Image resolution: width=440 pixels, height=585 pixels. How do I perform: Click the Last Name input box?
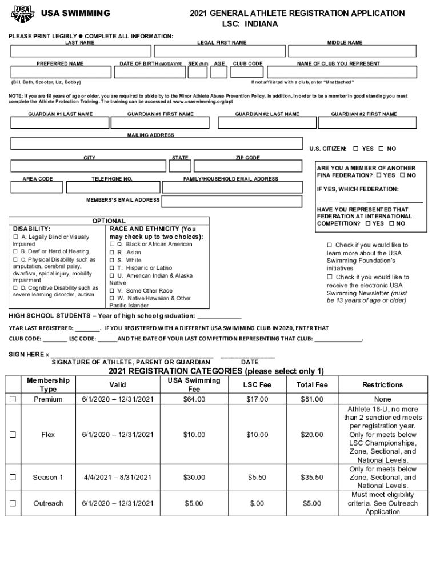[79, 52]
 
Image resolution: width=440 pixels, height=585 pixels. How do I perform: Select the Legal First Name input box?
[221, 52]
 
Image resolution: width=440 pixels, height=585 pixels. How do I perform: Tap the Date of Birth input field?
[151, 73]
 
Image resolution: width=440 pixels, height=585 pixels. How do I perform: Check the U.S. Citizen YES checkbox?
[355, 149]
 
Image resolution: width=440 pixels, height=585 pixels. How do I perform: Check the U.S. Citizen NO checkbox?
[381, 149]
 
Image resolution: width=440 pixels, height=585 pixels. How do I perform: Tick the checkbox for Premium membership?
[13, 399]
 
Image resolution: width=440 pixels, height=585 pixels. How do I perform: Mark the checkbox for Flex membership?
[13, 435]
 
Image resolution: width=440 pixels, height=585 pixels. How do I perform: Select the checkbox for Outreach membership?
[13, 503]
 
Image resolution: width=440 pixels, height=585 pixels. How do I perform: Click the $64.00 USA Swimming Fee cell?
[194, 399]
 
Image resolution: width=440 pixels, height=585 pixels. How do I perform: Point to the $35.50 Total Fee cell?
[312, 477]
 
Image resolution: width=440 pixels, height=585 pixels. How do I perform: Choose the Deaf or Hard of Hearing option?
[54, 251]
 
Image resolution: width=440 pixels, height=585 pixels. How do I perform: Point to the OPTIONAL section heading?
[109, 221]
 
